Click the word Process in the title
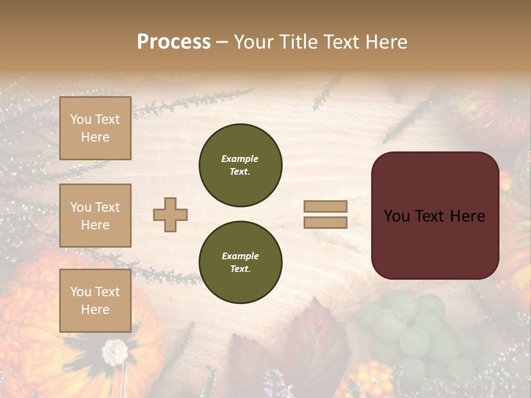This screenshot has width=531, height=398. point(174,42)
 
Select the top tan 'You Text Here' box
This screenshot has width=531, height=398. point(95,128)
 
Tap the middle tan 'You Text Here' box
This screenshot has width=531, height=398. point(95,216)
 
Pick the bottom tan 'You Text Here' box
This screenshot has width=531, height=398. point(95,301)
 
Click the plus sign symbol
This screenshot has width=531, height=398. point(170,214)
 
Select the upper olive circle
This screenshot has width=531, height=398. point(240,165)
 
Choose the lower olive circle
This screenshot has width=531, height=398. point(240,263)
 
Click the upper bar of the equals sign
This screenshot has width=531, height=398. point(325,206)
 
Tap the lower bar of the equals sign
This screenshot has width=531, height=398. point(325,222)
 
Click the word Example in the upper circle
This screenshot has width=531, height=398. point(240,159)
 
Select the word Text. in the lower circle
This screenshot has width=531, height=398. point(240,269)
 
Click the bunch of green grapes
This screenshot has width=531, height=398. point(420,332)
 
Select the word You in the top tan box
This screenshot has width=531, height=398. point(81,119)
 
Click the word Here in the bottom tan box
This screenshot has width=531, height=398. point(95,310)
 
